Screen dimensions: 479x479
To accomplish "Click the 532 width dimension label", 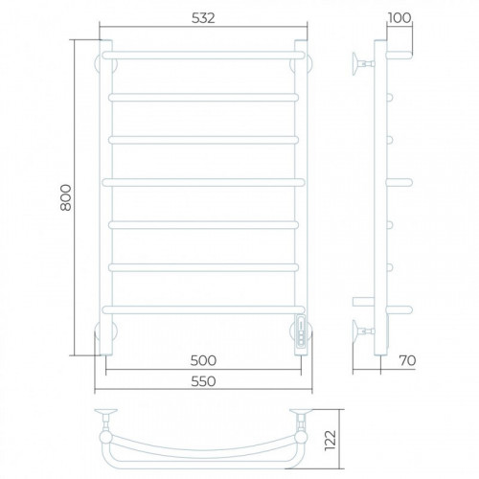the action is tap(203, 18).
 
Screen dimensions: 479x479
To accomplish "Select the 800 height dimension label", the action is tap(66, 197).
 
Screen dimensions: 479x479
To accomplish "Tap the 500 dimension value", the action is tap(203, 360).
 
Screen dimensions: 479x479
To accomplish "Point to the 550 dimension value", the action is tap(203, 381).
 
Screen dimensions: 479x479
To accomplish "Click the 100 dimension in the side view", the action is tap(399, 18).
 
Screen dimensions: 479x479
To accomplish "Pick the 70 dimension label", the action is tap(408, 360).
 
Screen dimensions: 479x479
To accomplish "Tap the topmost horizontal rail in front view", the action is tap(203, 55).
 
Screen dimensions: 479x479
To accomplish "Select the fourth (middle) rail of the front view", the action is tap(203, 182).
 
